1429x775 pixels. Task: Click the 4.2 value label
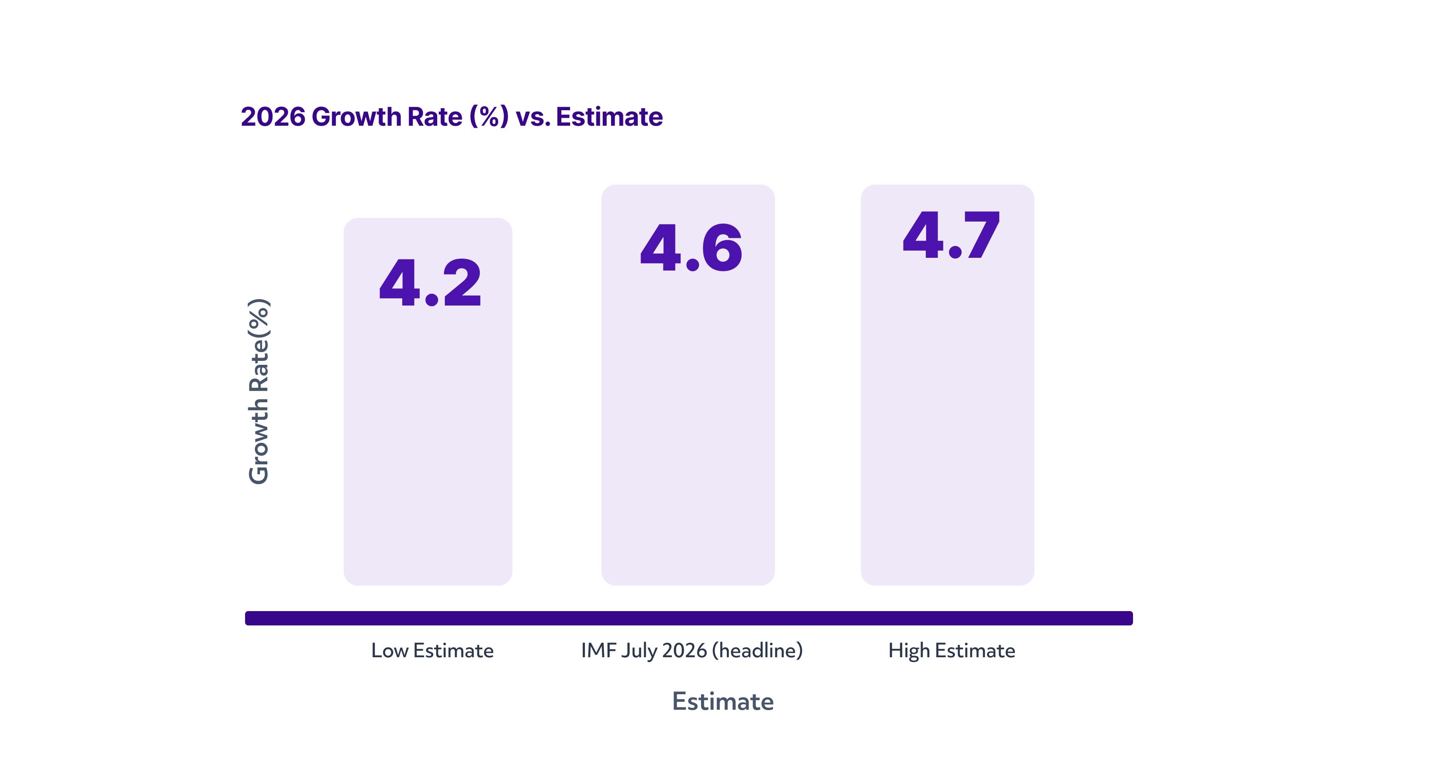pyautogui.click(x=430, y=282)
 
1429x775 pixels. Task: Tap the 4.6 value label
pyautogui.click(x=691, y=247)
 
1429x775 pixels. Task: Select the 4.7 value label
pyautogui.click(x=951, y=235)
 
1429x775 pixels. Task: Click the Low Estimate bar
pyautogui.click(x=428, y=402)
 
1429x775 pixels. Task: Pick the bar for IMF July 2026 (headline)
pyautogui.click(x=688, y=385)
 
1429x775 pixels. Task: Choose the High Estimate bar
pyautogui.click(x=948, y=385)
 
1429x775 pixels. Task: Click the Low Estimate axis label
pyautogui.click(x=432, y=650)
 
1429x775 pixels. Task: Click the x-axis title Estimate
pyautogui.click(x=723, y=701)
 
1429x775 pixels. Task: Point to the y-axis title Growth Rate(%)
pyautogui.click(x=259, y=391)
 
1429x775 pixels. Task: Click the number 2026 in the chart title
pyautogui.click(x=273, y=117)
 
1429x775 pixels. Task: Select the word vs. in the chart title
pyautogui.click(x=533, y=118)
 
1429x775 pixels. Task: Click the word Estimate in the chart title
pyautogui.click(x=609, y=117)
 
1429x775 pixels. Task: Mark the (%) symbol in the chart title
pyautogui.click(x=489, y=117)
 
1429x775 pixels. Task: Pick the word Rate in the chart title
pyautogui.click(x=435, y=117)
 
